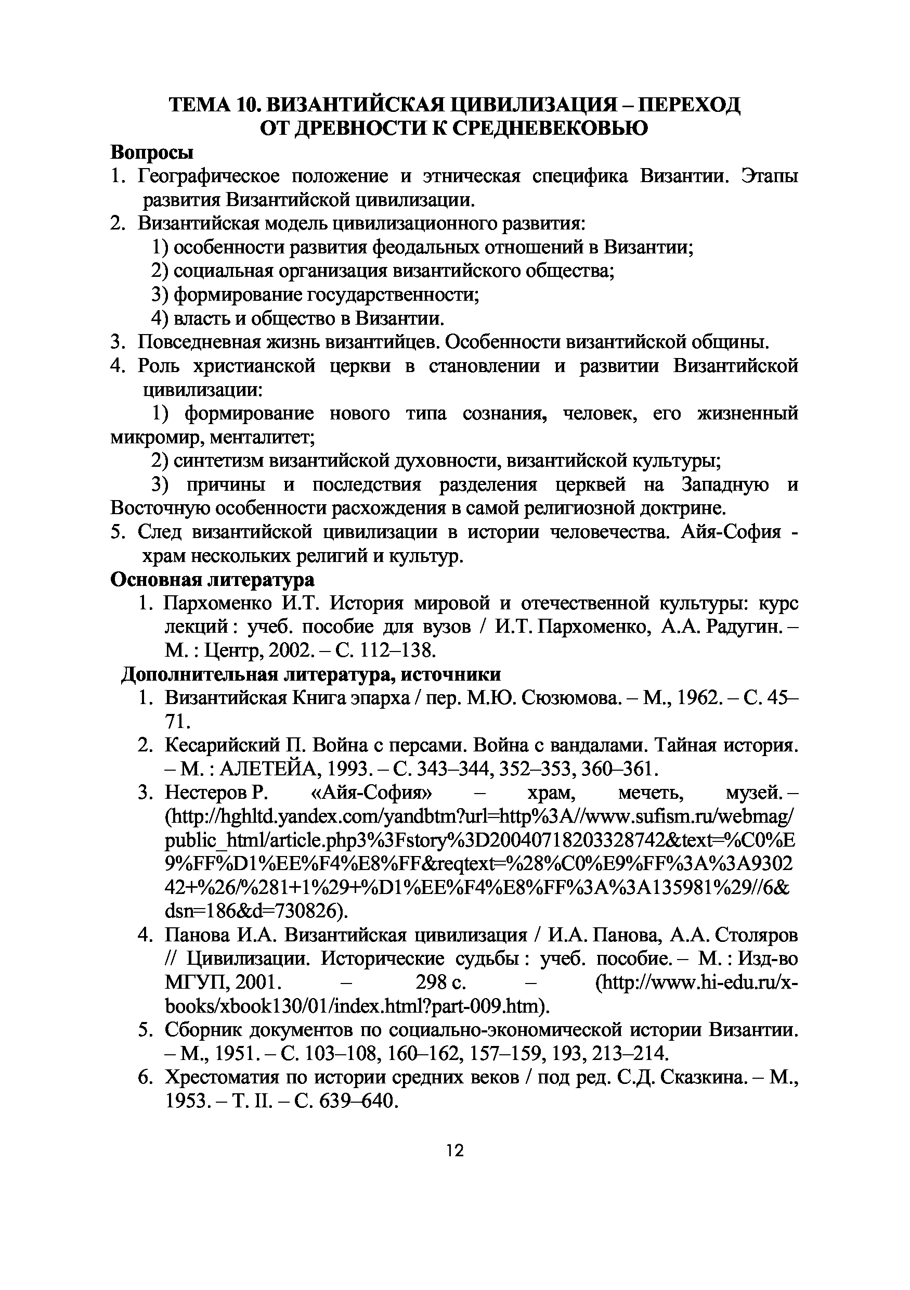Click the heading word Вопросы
pos(152,152)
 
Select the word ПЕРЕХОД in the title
pos(691,104)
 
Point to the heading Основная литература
pos(212,579)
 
